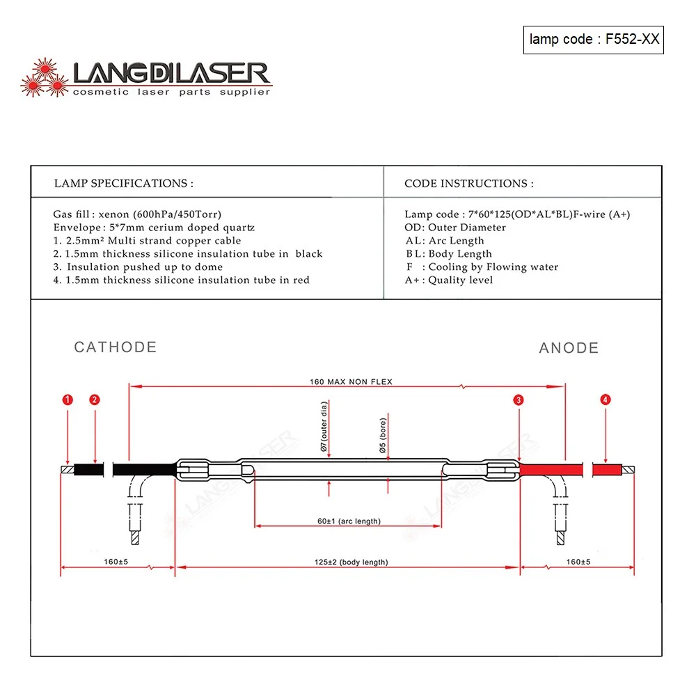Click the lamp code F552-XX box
tap(594, 39)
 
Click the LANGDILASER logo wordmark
tap(171, 74)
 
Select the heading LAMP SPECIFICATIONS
tap(123, 184)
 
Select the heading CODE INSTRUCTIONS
tap(468, 184)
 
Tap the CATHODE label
tap(116, 347)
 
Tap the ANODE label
tap(569, 348)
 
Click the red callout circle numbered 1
tap(68, 400)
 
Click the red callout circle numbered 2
tap(95, 400)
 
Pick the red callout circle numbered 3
tap(519, 400)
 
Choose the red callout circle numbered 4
tap(606, 400)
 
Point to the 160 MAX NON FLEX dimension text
tap(351, 381)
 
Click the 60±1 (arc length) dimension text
tap(349, 521)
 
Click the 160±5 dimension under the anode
tap(578, 562)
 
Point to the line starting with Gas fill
tap(137, 214)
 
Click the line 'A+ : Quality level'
tap(449, 280)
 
